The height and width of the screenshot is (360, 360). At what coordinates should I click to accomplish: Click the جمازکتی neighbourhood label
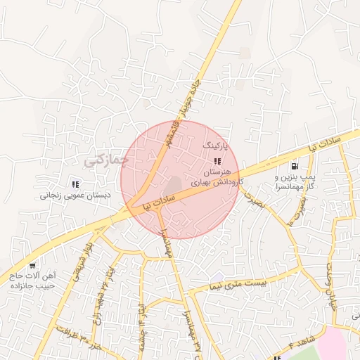point(106,160)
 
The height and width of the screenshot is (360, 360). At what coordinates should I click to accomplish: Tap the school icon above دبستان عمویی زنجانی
point(75,184)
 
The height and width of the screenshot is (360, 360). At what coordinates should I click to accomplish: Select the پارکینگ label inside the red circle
point(216,144)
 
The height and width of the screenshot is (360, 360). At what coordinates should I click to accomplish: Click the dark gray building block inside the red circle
point(173,185)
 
